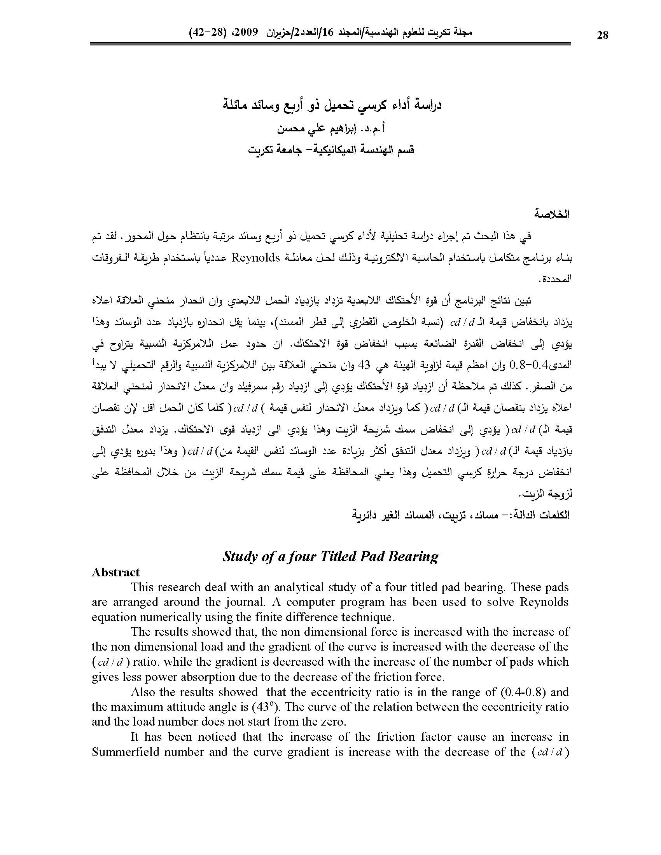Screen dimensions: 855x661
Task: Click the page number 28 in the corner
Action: coord(603,35)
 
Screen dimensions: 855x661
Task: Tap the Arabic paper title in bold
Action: coord(330,106)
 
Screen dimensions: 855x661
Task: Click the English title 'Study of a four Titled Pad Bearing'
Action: coord(330,556)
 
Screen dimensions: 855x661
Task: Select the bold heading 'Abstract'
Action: coord(115,572)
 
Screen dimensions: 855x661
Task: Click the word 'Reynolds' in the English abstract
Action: coord(544,602)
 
